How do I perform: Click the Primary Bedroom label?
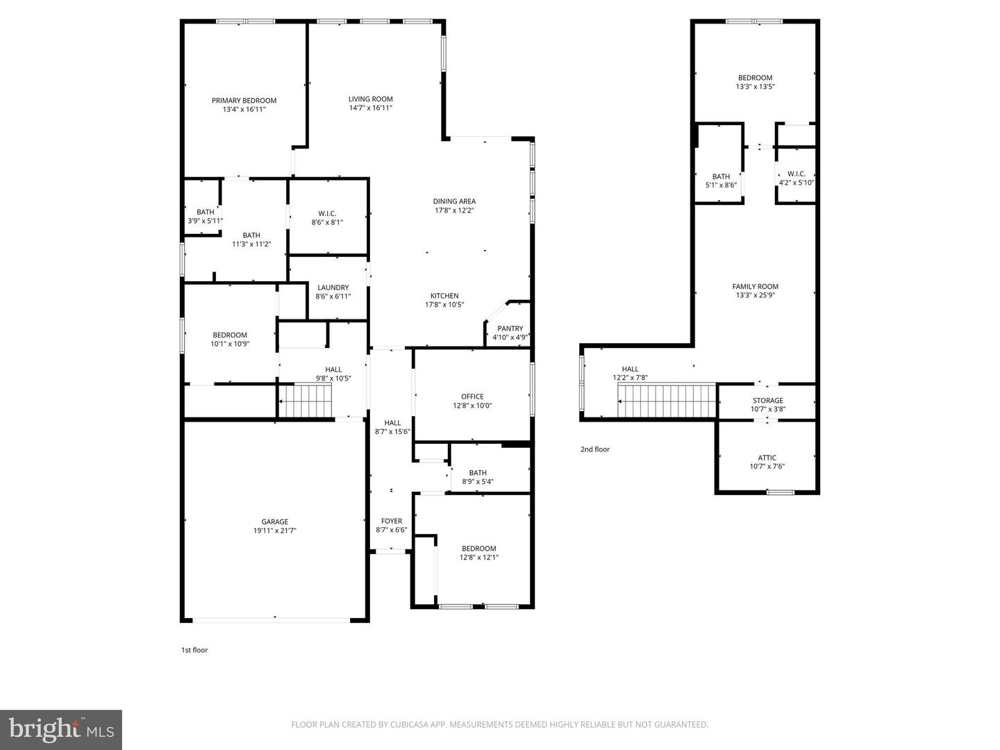(x=244, y=101)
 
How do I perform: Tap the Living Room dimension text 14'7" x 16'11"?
(x=371, y=108)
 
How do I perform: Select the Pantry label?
(x=510, y=328)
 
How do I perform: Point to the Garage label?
(x=274, y=522)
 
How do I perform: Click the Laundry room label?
(x=333, y=287)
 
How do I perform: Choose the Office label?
(x=472, y=397)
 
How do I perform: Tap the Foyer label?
(x=392, y=521)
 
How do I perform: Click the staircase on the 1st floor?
(x=306, y=402)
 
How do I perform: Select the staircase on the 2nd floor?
(x=666, y=401)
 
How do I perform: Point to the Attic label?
(x=767, y=458)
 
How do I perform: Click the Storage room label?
(x=767, y=401)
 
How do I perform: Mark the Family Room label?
(x=755, y=286)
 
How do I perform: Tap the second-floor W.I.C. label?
(x=797, y=174)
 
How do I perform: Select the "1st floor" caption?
(x=194, y=650)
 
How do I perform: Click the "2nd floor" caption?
(x=595, y=449)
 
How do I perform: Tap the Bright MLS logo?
(x=61, y=729)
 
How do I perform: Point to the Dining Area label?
(x=454, y=201)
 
